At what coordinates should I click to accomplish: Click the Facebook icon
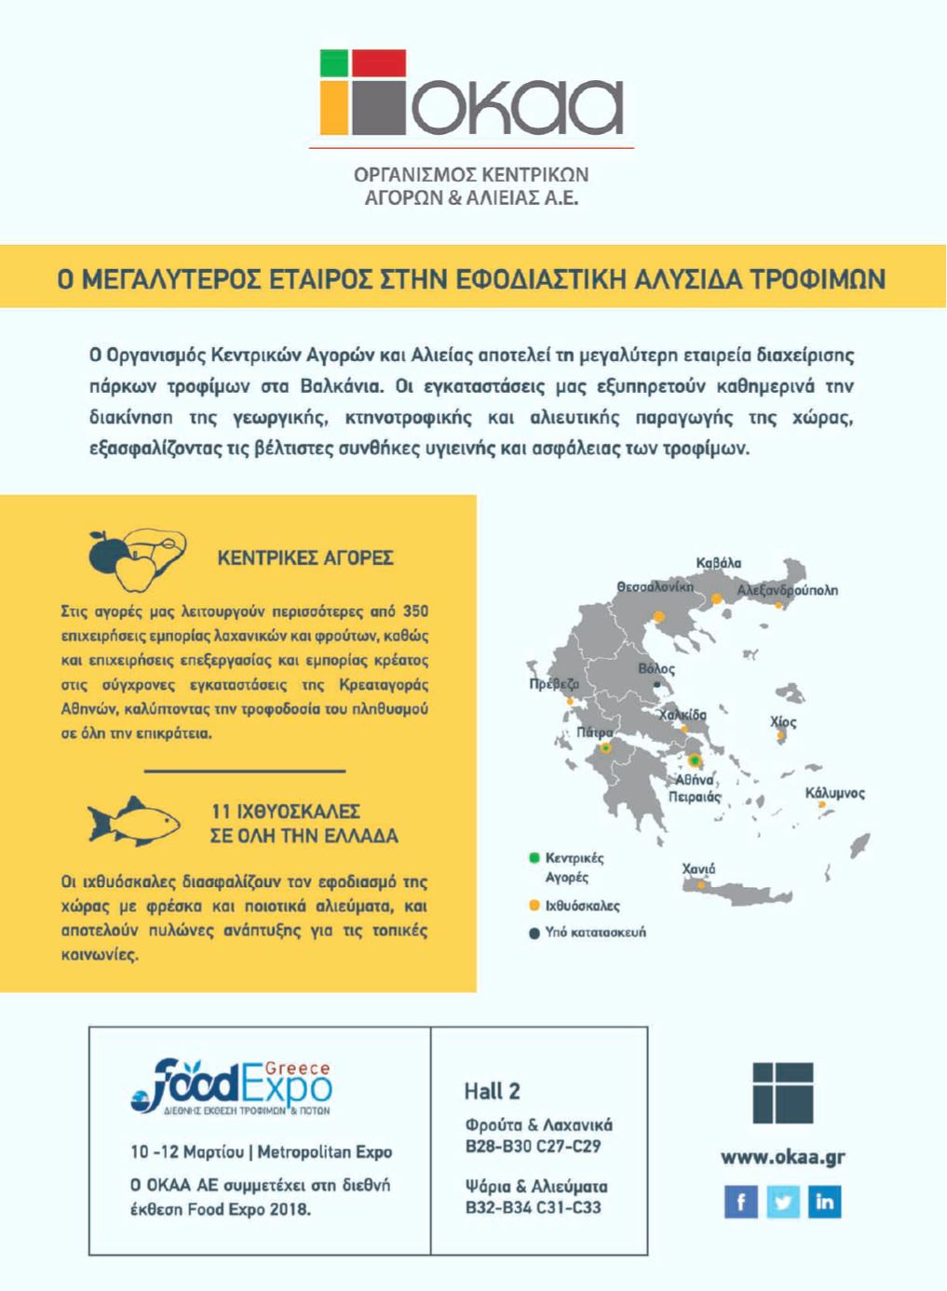740,1202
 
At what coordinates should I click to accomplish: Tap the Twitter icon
783,1202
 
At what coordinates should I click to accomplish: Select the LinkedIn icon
825,1202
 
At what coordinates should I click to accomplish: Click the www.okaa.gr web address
783,1157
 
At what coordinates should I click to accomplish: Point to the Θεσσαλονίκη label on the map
655,587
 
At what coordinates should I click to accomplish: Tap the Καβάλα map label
718,563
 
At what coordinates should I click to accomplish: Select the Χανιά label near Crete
698,869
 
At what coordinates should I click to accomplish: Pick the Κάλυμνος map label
834,793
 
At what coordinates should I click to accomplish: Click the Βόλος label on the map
656,668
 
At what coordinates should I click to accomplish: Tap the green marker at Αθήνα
694,760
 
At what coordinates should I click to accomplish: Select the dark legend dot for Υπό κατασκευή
534,933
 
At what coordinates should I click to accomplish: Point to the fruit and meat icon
136,558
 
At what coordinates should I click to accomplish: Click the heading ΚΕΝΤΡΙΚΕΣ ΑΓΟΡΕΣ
304,558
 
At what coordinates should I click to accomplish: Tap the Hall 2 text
492,1091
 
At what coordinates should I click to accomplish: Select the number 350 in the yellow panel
414,612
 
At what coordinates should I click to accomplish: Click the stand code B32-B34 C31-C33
533,1208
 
